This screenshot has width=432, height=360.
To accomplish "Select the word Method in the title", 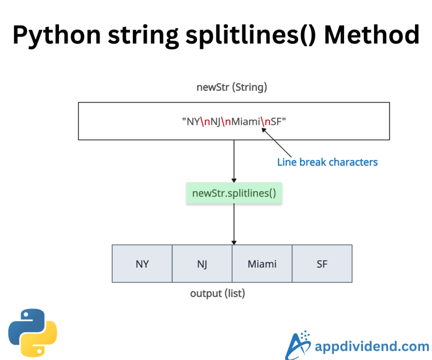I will coord(371,35).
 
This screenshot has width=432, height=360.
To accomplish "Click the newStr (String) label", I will coord(232,87).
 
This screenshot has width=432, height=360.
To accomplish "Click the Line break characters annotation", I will coord(327,162).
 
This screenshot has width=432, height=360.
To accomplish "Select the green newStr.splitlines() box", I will coord(234,193).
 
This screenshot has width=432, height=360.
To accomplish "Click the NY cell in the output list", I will coord(142,264).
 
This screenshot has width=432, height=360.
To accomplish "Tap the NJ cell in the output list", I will coord(202,264).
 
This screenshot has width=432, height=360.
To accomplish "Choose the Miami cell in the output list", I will coord(262,264).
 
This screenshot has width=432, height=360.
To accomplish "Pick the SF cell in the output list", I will coord(322,264).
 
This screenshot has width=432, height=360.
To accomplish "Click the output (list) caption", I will coord(217,293).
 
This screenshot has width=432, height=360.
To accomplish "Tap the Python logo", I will coord(32,333).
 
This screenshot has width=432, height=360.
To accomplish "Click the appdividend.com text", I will coord(372,347).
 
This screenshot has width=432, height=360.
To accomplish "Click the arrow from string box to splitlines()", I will coord(234,160).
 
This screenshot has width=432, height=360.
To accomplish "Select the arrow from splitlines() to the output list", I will coord(234,224).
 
